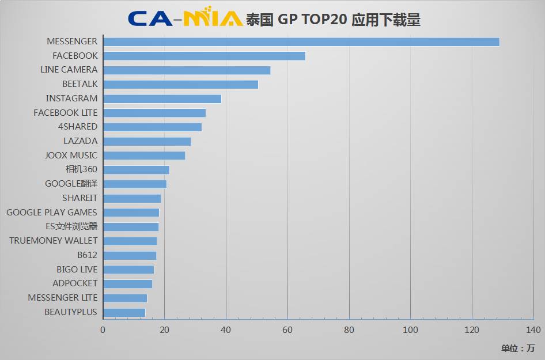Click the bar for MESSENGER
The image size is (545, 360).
(x=301, y=41)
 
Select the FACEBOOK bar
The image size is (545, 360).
(x=204, y=56)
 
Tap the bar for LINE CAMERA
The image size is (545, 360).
(x=187, y=70)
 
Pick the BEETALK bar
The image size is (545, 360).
(x=180, y=85)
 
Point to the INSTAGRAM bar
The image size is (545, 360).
(x=162, y=98)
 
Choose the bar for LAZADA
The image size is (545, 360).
(x=147, y=141)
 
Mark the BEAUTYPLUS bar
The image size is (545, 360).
(x=124, y=312)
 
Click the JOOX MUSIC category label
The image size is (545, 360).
(x=71, y=156)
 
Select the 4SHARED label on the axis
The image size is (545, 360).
(x=78, y=127)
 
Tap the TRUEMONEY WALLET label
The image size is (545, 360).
(x=54, y=241)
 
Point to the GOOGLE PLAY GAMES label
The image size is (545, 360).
(x=52, y=213)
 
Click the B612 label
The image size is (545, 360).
(x=88, y=255)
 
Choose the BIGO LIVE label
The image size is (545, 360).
(x=77, y=270)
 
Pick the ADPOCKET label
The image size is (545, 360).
(x=75, y=283)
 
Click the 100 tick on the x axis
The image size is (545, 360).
(x=410, y=330)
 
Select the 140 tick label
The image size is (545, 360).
(x=533, y=330)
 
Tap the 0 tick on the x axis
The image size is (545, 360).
(x=103, y=330)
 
